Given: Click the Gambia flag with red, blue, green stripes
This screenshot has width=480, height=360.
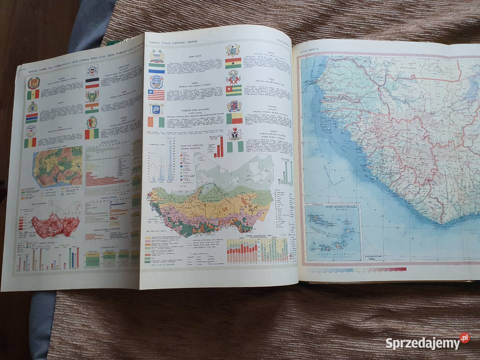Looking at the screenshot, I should click(32, 118).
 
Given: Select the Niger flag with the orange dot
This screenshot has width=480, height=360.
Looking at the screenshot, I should click(91, 107).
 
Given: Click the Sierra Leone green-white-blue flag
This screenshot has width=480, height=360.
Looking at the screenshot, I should click(156, 68).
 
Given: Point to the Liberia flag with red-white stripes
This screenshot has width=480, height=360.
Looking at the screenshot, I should click(156, 94).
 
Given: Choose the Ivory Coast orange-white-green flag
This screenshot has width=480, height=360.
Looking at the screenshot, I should click(156, 121).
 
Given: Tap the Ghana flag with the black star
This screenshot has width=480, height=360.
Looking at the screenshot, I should click(233, 63).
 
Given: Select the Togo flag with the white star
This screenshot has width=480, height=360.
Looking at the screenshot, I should click(233, 90).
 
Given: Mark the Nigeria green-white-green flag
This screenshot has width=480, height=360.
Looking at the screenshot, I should click(234, 146).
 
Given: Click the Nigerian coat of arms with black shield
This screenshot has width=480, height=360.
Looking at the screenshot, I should click(234, 133).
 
